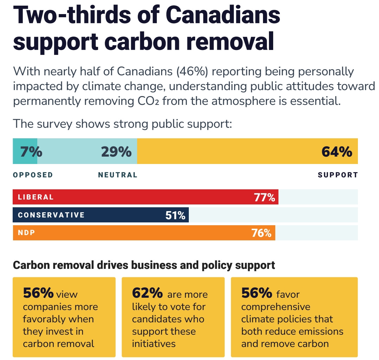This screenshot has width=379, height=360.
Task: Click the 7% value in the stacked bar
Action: pyautogui.click(x=31, y=152)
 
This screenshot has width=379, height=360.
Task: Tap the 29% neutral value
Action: pyautogui.click(x=116, y=152)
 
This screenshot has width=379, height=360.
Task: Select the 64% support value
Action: pyautogui.click(x=337, y=152)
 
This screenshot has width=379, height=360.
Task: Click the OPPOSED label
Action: pyautogui.click(x=33, y=175)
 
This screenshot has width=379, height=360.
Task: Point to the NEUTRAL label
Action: pyautogui.click(x=118, y=175)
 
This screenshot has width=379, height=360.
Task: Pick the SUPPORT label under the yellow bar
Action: pyautogui.click(x=338, y=175)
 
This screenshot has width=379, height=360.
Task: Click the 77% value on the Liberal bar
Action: pyautogui.click(x=264, y=197)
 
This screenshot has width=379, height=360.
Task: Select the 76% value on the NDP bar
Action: pyautogui.click(x=261, y=233)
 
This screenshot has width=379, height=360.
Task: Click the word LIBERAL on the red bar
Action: pyautogui.click(x=36, y=197)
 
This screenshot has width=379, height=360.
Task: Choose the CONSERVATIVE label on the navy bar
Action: pyautogui.click(x=51, y=215)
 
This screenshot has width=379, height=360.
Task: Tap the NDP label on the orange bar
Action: pyautogui.click(x=26, y=233)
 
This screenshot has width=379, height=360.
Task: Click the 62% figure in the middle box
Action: pyautogui.click(x=147, y=293)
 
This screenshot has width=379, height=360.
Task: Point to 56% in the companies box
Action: pyautogui.click(x=38, y=293)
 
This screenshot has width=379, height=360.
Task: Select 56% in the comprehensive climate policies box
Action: pyautogui.click(x=257, y=293)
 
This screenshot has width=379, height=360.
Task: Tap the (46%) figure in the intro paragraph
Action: pyautogui.click(x=192, y=71)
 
